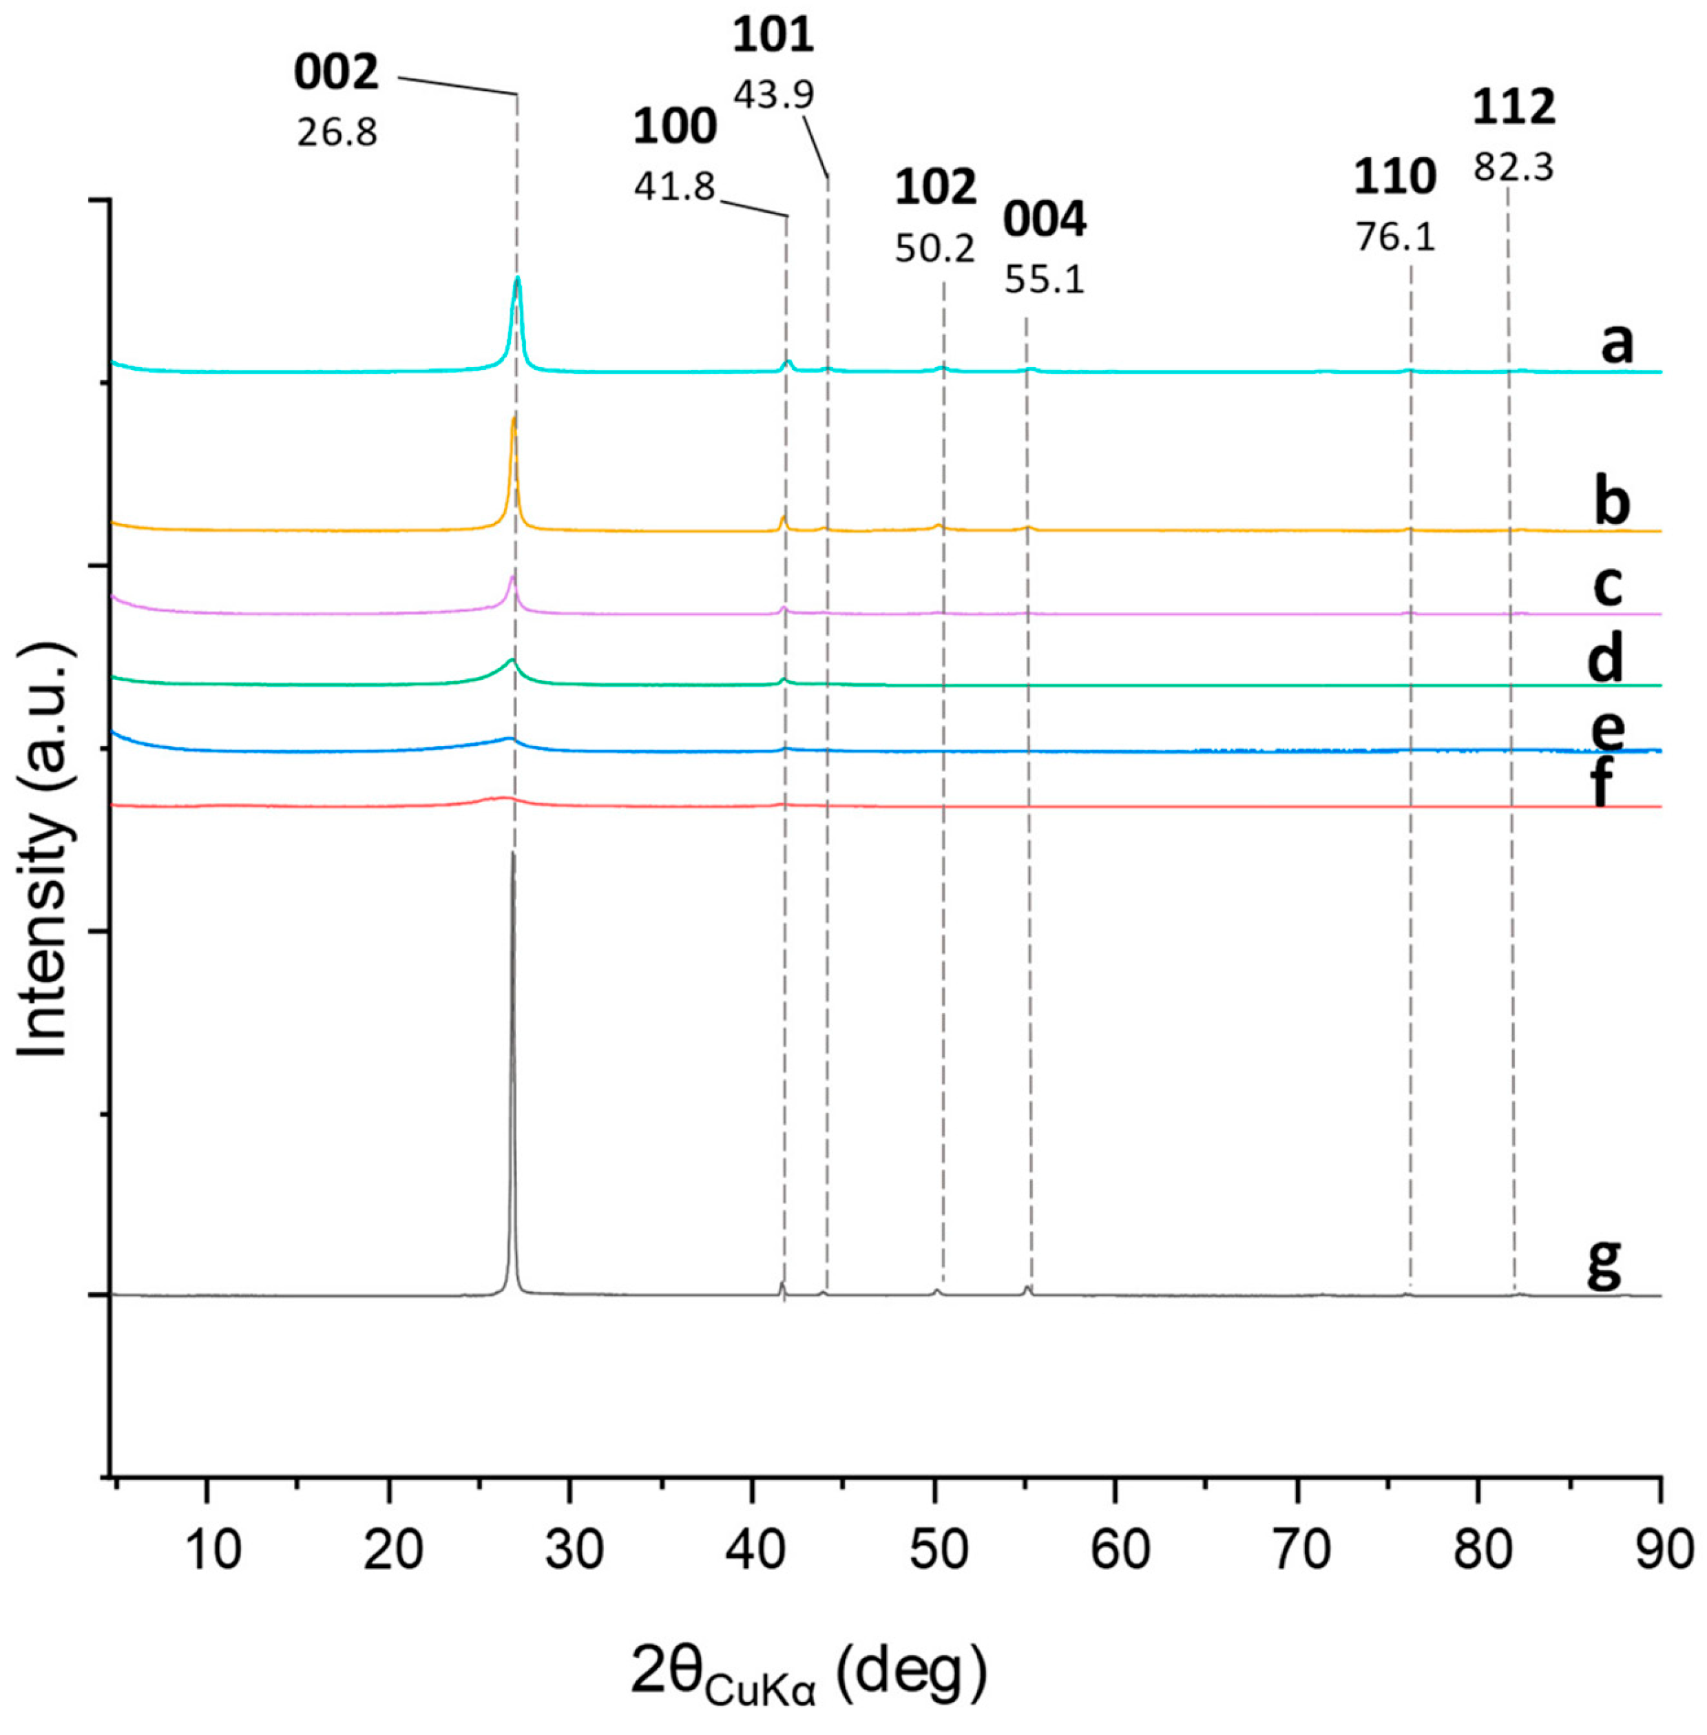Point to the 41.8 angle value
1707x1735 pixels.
click(x=674, y=187)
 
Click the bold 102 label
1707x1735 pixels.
click(x=935, y=188)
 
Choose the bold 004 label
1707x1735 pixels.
click(x=1045, y=220)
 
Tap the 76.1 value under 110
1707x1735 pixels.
click(x=1395, y=238)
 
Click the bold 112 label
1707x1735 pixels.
click(x=1514, y=107)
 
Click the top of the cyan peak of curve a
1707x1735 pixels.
click(x=517, y=279)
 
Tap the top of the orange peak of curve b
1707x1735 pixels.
click(x=514, y=418)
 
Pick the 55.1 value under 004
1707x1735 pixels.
click(x=1045, y=280)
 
